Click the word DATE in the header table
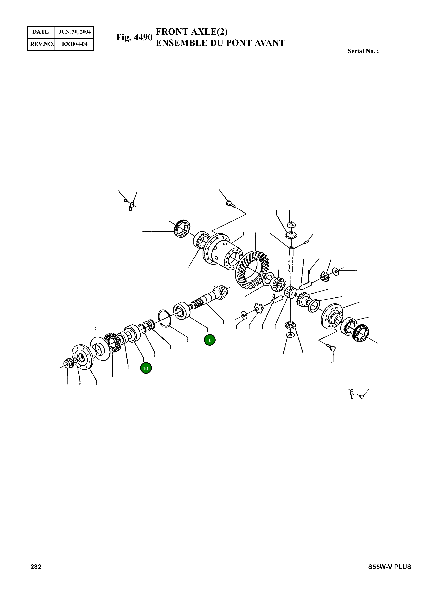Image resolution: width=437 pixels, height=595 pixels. coord(41,32)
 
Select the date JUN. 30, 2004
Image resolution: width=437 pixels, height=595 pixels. coord(74,32)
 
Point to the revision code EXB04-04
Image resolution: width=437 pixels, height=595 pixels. coord(74,44)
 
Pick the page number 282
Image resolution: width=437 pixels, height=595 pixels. coord(36,567)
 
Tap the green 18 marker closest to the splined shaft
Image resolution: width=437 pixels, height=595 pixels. coord(209,340)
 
